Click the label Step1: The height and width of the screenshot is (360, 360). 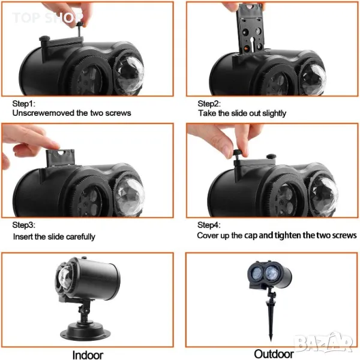click(24, 104)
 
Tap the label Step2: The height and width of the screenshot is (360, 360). click(209, 104)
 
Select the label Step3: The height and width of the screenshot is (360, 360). click(24, 225)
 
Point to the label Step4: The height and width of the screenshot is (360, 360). click(209, 225)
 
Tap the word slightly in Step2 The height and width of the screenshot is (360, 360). click(274, 113)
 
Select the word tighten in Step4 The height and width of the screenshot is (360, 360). click(287, 236)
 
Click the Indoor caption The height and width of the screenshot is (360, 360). click(88, 355)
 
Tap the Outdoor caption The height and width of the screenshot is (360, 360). click(274, 354)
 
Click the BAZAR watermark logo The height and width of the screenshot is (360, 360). click(324, 343)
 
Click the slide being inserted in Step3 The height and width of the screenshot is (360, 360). click(60, 158)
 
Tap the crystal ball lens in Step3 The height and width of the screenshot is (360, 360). click(129, 196)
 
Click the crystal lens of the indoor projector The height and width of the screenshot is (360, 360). click(64, 279)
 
